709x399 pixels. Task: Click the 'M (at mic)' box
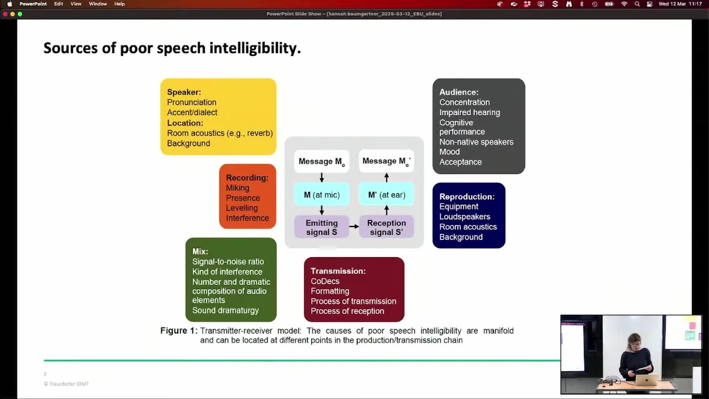[322, 195]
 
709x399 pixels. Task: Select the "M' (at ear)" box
[387, 195]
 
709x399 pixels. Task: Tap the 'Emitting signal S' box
[322, 227]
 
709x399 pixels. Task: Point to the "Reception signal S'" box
[387, 227]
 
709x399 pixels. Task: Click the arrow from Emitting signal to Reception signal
[354, 226]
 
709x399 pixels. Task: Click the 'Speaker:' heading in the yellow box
[184, 92]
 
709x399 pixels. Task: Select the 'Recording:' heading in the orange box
[247, 178]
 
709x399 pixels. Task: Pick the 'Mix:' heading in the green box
[200, 251]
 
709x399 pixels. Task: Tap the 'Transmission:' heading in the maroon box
[338, 271]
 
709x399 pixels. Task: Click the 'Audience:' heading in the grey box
[459, 92]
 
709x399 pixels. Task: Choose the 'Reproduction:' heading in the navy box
[467, 197]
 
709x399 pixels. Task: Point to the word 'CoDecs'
[325, 281]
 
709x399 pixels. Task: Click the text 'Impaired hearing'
[470, 112]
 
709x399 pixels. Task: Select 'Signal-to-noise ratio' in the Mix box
[228, 262]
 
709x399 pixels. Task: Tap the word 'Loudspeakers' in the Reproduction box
[465, 217]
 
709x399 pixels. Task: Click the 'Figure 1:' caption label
[179, 331]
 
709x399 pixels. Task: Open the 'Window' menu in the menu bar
[98, 4]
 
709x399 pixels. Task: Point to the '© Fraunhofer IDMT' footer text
[66, 384]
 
